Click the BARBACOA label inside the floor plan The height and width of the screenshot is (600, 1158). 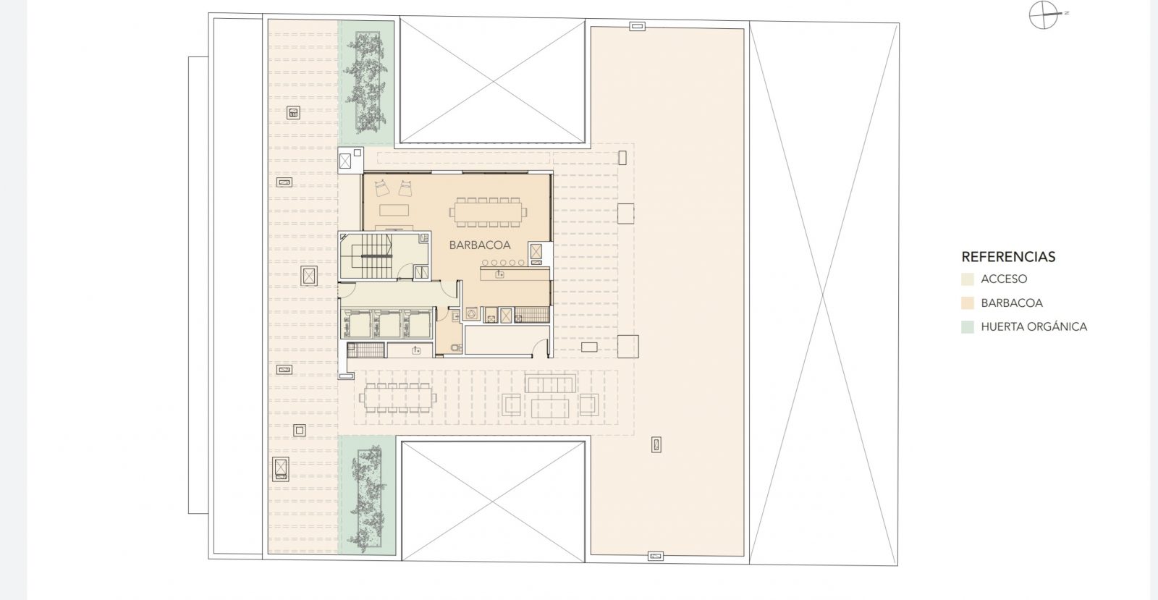pos(480,245)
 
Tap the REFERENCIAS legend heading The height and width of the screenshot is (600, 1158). pos(1008,257)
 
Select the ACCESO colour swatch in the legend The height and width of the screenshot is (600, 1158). pos(967,279)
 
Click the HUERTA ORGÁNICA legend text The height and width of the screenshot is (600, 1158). pos(1034,326)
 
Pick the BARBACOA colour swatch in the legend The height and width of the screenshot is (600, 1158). pos(967,303)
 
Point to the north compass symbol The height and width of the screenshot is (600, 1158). pos(1044,15)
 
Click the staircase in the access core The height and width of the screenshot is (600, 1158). pos(371,255)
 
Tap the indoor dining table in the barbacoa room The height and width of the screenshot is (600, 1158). pos(488,212)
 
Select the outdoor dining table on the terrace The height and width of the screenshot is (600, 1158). pos(398,398)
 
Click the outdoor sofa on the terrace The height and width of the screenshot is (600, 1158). pos(551,384)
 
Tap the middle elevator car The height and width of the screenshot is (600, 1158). pos(387,325)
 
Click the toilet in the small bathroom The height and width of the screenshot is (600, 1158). pos(455,348)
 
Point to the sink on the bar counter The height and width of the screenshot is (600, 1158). pos(499,274)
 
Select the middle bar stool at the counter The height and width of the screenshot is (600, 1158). pos(503,263)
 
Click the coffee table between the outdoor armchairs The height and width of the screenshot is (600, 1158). pos(549,408)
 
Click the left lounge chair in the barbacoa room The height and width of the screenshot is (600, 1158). pos(382,187)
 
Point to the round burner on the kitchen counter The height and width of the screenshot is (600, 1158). pos(471,313)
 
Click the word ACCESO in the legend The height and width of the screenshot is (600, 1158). pos(1004,279)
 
